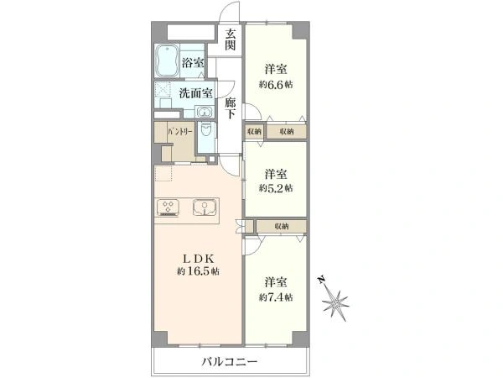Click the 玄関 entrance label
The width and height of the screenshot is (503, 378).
pos(230,39)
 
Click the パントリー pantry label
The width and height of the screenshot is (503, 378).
pos(179,133)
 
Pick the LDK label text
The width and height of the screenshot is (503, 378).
pos(198,257)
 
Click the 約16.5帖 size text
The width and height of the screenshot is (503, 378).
pos(198,271)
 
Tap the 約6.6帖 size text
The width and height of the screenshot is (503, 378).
pos(276,84)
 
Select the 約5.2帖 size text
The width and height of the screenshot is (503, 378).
pos(276,188)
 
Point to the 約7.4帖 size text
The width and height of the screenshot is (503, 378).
pos(276,297)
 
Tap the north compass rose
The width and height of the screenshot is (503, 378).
pos(339,300)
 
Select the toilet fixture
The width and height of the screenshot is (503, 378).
pos(206,134)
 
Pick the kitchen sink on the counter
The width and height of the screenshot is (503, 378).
pos(205,207)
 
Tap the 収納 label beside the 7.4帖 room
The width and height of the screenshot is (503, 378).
pos(280,226)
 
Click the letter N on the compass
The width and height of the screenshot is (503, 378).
pos(321,281)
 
